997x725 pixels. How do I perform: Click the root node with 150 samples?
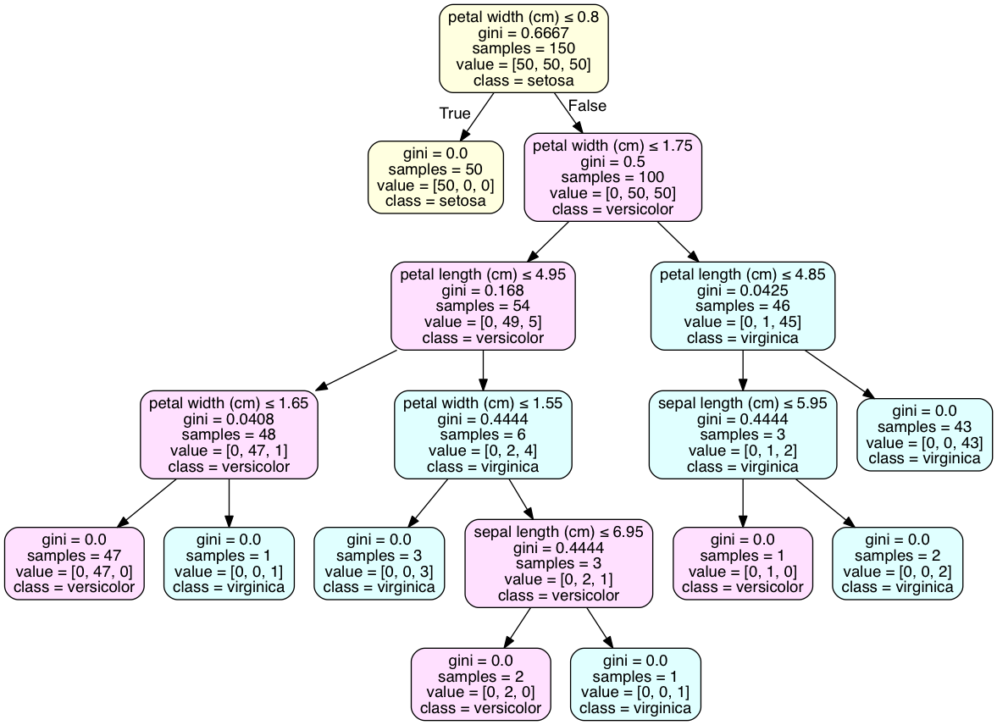click(x=523, y=48)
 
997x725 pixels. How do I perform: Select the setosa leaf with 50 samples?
click(x=435, y=177)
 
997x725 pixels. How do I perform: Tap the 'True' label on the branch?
click(x=455, y=113)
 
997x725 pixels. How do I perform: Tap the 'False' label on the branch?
click(x=587, y=106)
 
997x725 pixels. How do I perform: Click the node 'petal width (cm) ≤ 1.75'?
click(x=613, y=177)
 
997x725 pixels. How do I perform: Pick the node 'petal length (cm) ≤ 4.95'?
click(x=483, y=306)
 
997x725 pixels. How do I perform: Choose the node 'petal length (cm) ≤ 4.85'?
click(x=743, y=306)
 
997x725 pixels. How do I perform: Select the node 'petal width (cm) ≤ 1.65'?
click(x=229, y=434)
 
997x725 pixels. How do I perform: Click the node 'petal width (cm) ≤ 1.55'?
click(x=483, y=434)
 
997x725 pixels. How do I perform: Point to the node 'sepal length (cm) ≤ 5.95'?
click(x=743, y=434)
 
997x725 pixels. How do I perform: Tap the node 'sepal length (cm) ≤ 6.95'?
click(x=559, y=563)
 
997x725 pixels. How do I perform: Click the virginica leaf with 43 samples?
click(x=924, y=435)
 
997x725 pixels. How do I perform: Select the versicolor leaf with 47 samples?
click(x=75, y=563)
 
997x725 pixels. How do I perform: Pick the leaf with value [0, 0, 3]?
click(x=379, y=563)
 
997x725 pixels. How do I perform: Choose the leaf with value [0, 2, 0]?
click(x=480, y=684)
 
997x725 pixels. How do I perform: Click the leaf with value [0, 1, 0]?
click(x=743, y=563)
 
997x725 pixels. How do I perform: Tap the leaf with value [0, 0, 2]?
click(x=897, y=563)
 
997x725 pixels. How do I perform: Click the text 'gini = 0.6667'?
click(x=523, y=33)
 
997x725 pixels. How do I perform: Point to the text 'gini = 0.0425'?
click(x=743, y=291)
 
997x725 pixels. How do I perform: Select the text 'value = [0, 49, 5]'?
click(x=483, y=322)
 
